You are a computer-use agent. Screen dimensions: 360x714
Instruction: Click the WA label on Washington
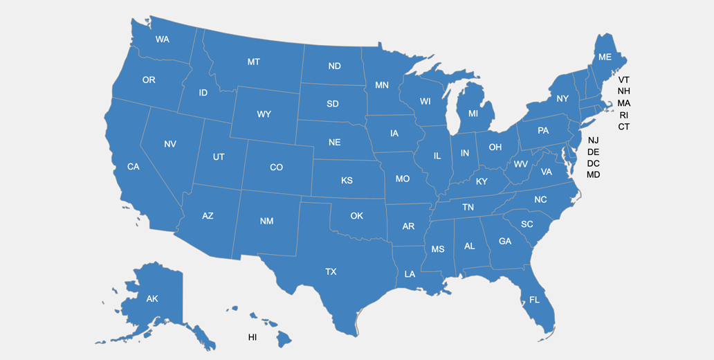[163, 39]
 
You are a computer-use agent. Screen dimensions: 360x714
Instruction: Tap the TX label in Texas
[331, 272]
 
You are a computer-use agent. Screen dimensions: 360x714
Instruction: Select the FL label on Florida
[534, 300]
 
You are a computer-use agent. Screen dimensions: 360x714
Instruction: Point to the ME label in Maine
[605, 57]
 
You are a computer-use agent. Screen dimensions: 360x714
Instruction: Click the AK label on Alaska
[152, 299]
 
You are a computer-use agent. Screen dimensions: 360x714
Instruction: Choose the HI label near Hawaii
[253, 337]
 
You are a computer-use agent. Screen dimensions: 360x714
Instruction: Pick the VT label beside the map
[624, 80]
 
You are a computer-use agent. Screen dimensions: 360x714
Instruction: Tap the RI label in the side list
[624, 115]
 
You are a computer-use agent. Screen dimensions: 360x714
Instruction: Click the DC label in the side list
[593, 163]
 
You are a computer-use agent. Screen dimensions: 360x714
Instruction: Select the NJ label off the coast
[593, 140]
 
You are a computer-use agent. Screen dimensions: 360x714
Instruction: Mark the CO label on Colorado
[276, 168]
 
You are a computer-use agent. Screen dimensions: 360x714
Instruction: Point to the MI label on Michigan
[473, 114]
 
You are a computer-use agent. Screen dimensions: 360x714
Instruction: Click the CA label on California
[133, 167]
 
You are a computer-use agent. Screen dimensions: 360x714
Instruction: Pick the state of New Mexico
[266, 222]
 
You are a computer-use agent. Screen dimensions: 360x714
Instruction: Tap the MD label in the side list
[593, 175]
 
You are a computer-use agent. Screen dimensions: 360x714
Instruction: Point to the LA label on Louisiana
[410, 274]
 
